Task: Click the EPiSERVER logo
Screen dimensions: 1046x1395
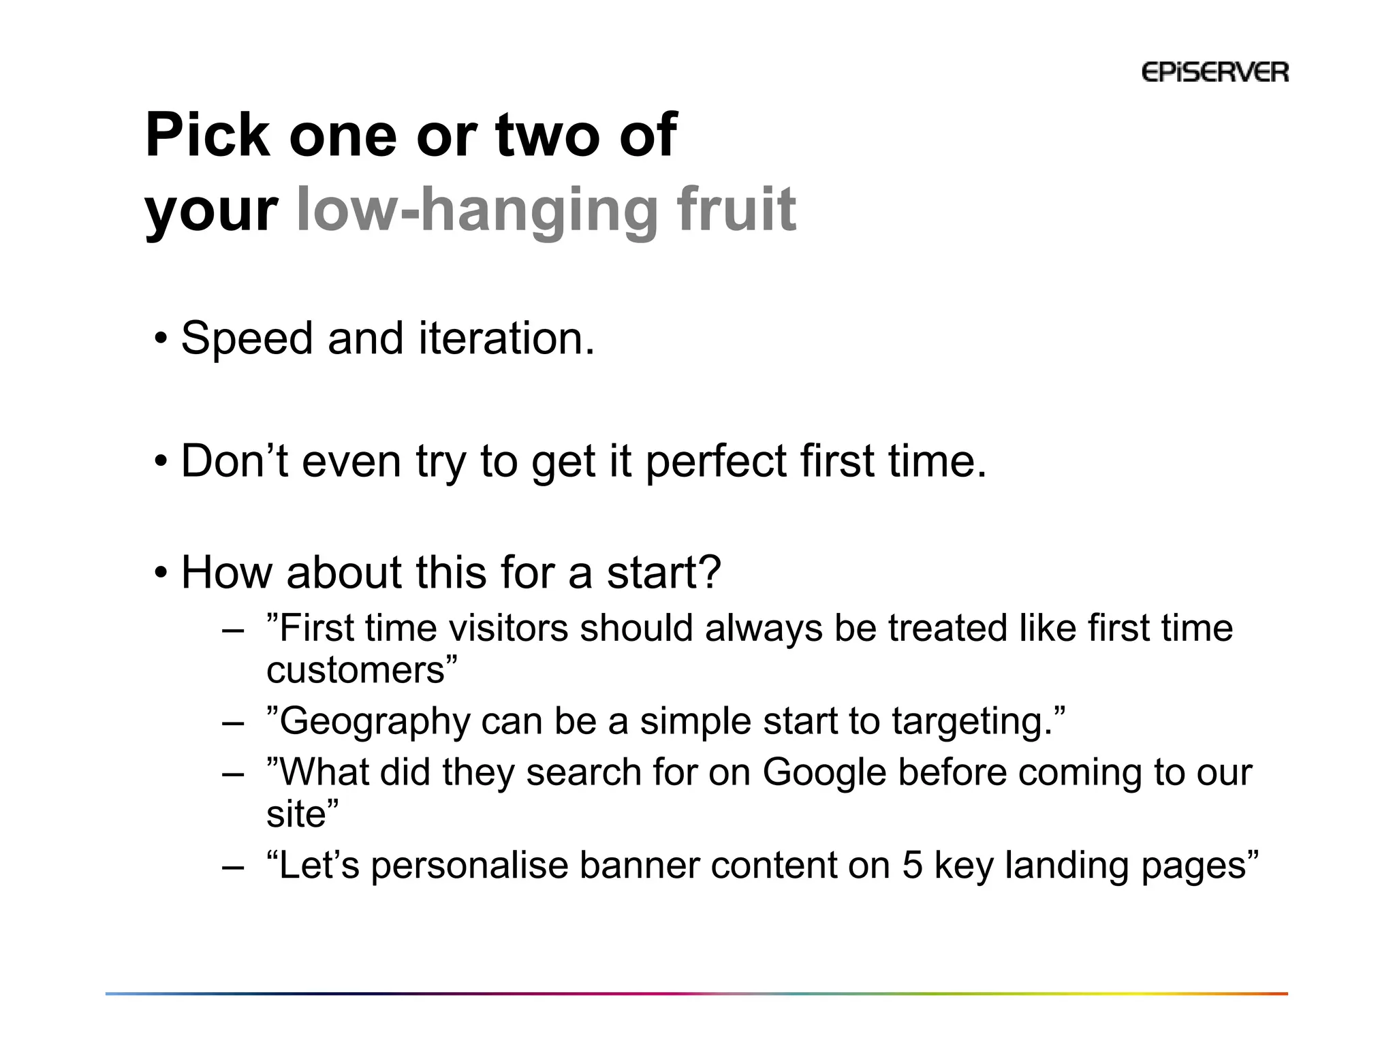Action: point(1214,72)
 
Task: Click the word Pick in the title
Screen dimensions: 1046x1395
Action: point(208,136)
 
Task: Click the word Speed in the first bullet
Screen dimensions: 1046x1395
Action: point(247,338)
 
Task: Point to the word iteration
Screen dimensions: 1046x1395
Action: point(506,338)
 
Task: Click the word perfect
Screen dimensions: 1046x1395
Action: point(716,462)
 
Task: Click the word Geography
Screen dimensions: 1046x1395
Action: point(375,722)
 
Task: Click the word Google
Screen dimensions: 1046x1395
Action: point(824,772)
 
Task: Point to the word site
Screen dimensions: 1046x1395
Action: point(296,814)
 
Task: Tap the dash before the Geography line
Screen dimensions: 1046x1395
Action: point(232,723)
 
